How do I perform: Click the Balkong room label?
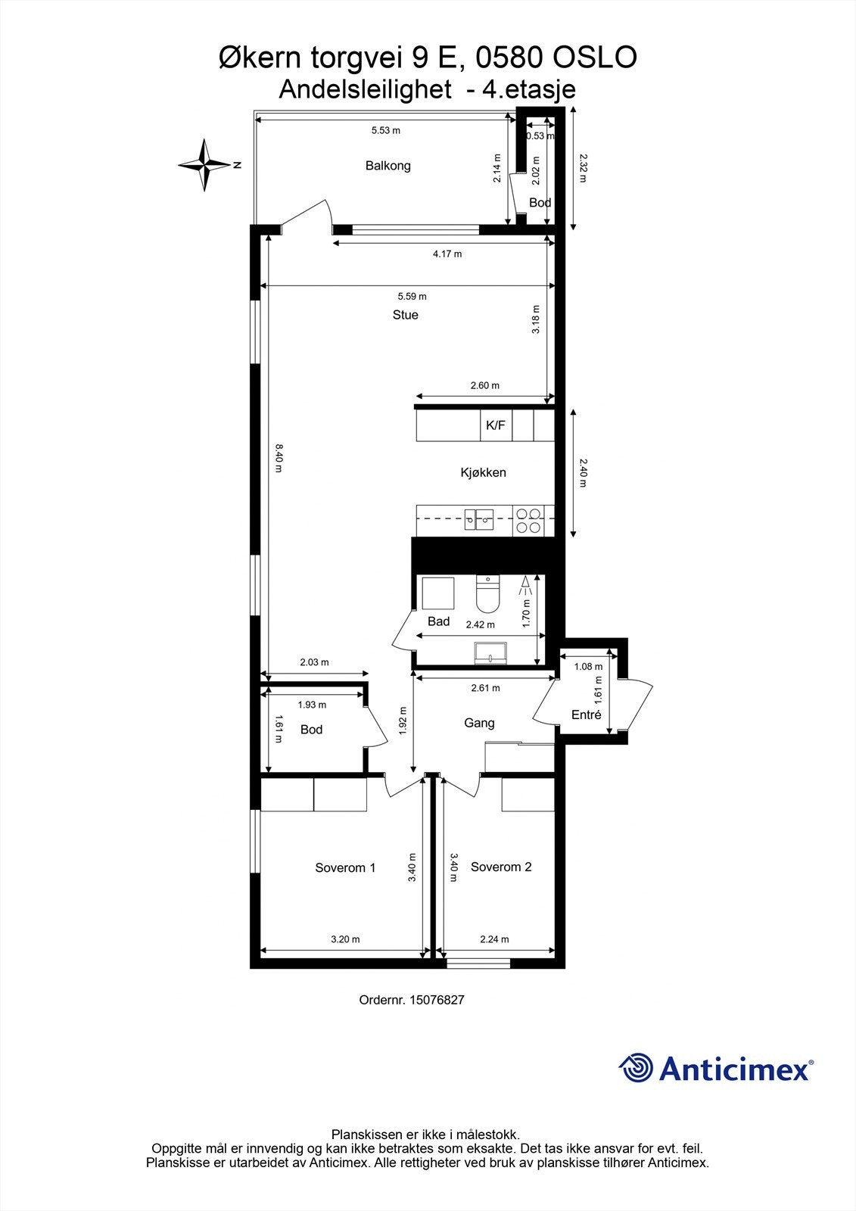tap(388, 165)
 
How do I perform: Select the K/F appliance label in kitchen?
tap(495, 425)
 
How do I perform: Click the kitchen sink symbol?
tap(479, 519)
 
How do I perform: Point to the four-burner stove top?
tap(528, 521)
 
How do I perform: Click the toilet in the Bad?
tap(488, 595)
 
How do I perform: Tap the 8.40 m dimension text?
tap(278, 459)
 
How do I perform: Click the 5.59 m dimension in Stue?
tap(412, 296)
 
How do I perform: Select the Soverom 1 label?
tap(345, 867)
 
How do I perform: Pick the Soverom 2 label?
tap(501, 867)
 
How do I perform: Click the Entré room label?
tap(586, 714)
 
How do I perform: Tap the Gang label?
tap(479, 723)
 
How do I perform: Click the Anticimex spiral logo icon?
tap(637, 1068)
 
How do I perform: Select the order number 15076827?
tap(437, 999)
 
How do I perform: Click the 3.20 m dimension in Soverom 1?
tap(345, 939)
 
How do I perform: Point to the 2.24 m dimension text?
tap(494, 939)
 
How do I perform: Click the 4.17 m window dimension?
tap(447, 254)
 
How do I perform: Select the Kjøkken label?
tap(483, 472)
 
